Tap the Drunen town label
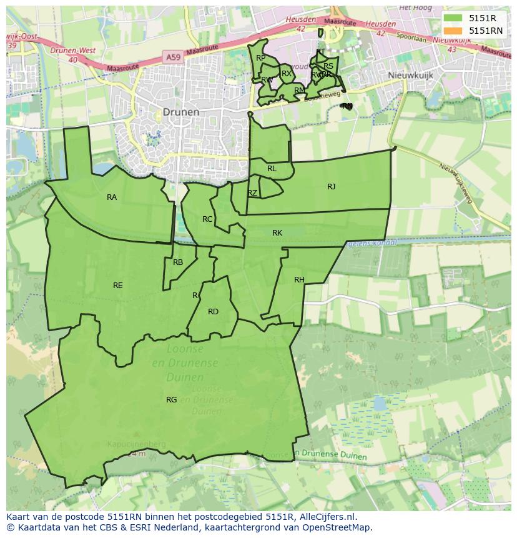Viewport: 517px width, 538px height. (x=180, y=112)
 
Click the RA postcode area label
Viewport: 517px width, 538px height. (x=112, y=197)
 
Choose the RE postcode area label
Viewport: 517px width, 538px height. (x=118, y=286)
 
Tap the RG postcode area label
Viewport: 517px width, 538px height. (x=171, y=400)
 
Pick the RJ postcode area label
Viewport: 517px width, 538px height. (x=331, y=186)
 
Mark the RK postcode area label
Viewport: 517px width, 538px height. (x=277, y=233)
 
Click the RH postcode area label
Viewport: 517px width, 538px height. (x=299, y=280)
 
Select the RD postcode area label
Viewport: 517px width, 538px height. (x=213, y=312)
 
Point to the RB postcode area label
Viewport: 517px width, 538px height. (x=178, y=262)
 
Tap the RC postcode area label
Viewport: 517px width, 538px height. (x=207, y=219)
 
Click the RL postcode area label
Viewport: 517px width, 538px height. (x=272, y=169)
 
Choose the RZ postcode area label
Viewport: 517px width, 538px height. (x=252, y=193)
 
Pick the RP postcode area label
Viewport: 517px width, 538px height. (x=261, y=58)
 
